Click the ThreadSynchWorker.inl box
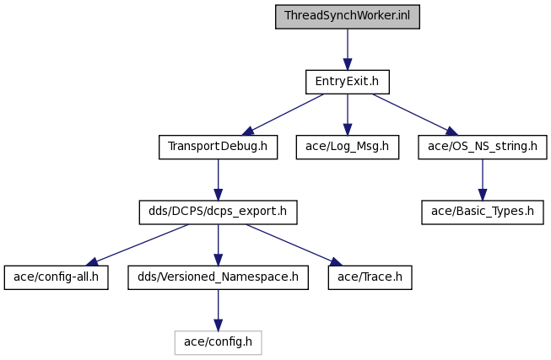click(x=347, y=17)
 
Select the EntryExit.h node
click(x=347, y=82)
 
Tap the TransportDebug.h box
click(x=218, y=147)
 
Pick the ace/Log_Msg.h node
click(x=347, y=147)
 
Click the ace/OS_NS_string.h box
click(x=483, y=147)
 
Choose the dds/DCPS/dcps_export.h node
click(x=218, y=212)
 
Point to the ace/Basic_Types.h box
click(x=483, y=212)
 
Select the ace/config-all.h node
click(x=57, y=277)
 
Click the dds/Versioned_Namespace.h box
click(x=218, y=277)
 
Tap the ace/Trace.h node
click(x=370, y=277)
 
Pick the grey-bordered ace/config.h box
click(x=218, y=342)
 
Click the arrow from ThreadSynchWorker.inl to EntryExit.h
click(x=348, y=50)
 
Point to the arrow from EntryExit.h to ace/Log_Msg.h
click(x=348, y=115)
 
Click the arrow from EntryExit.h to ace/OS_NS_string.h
click(x=415, y=115)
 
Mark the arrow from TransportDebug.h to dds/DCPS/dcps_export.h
click(x=219, y=180)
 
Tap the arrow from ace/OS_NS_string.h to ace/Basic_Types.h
click(x=483, y=180)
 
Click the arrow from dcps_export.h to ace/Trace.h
click(x=294, y=245)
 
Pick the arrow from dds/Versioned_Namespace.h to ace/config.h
click(x=219, y=310)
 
